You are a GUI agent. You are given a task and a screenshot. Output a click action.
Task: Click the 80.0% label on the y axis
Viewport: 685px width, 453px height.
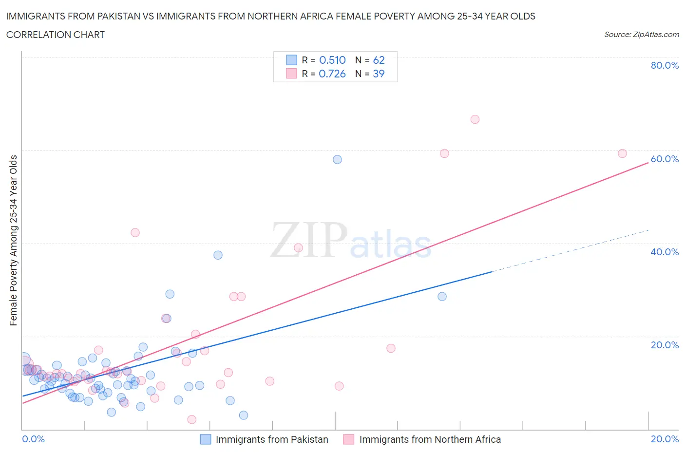665,65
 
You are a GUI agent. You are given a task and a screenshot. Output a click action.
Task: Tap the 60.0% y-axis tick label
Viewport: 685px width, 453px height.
665,159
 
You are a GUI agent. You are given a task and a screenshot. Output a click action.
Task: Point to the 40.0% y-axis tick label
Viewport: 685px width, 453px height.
665,252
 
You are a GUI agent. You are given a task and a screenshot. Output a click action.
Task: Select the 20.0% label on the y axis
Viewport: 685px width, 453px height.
665,345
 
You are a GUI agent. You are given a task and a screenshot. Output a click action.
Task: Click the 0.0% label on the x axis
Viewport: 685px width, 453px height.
33,439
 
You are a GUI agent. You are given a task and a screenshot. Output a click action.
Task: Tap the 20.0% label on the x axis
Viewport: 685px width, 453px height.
665,439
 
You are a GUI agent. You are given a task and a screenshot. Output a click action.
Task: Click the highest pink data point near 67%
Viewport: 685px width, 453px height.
475,119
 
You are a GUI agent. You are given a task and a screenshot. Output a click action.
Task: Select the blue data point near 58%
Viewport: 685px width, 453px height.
337,159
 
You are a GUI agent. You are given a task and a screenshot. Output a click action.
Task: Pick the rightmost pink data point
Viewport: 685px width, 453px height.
622,153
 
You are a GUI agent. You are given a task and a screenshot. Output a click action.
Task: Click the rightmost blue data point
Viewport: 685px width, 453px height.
442,296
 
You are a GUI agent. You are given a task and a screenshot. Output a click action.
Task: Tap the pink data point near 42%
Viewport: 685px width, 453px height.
135,232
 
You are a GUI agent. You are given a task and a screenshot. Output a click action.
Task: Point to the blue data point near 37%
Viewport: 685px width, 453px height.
218,255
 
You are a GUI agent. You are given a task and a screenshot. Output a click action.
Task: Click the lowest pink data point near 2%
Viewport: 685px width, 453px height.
192,419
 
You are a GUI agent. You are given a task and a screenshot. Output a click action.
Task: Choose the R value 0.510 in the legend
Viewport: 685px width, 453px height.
332,60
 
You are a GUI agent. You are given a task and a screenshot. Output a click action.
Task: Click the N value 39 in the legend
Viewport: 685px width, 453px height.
379,74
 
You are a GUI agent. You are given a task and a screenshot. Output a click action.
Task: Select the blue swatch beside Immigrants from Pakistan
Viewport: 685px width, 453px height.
206,439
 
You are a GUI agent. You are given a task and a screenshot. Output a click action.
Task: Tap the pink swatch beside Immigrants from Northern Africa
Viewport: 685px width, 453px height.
348,439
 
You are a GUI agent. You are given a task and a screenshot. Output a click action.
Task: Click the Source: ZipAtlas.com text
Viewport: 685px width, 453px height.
641,34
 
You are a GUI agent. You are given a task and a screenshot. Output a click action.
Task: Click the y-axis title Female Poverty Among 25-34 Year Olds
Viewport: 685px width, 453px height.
13,240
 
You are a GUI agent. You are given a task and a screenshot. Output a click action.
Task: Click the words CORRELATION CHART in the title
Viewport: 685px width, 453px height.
56,35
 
